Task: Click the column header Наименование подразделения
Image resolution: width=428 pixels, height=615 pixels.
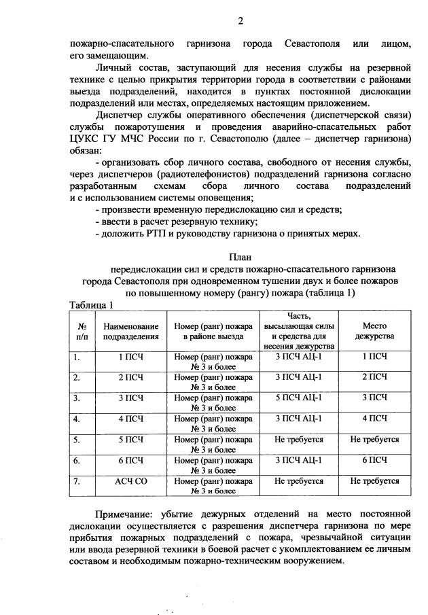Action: (x=131, y=331)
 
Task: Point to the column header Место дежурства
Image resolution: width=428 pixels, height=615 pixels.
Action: (x=374, y=331)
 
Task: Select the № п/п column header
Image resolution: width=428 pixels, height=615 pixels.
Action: (x=82, y=331)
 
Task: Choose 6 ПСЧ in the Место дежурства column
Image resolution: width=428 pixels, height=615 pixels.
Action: (x=374, y=460)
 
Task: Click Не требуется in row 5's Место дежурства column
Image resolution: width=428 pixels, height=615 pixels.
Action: (x=374, y=440)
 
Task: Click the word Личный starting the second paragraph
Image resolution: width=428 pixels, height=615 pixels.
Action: (x=113, y=69)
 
